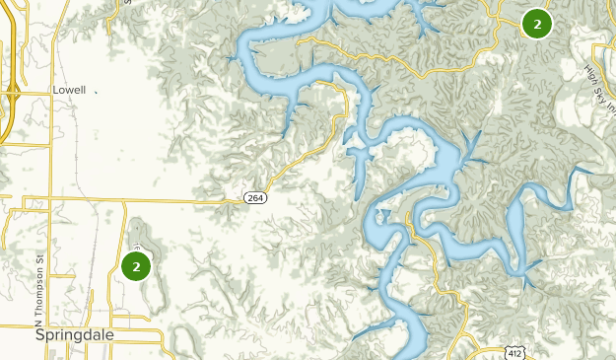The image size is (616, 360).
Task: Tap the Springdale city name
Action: (74, 334)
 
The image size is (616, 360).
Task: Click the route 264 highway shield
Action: (254, 198)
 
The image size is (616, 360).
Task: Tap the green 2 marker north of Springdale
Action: (135, 265)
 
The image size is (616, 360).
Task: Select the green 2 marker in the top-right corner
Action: (536, 24)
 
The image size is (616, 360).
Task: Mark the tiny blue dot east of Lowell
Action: (97, 91)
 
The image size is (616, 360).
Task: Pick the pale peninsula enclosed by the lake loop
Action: (399, 158)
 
